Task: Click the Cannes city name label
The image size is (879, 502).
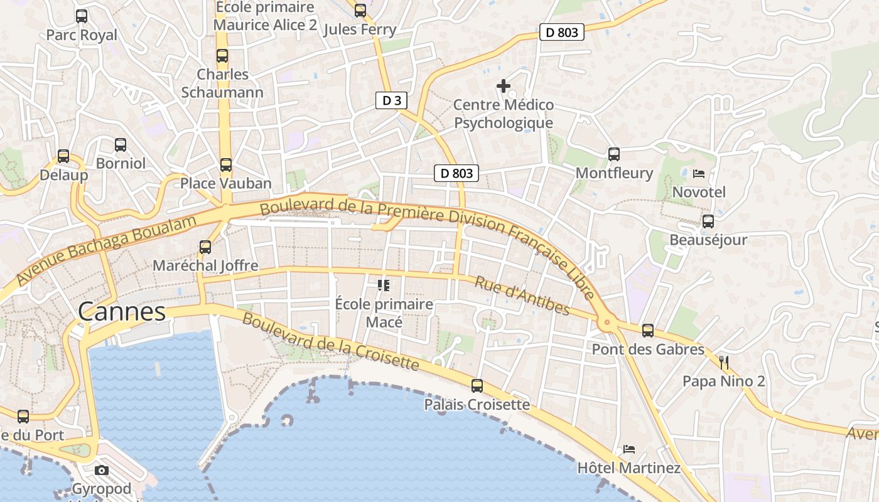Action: pyautogui.click(x=122, y=312)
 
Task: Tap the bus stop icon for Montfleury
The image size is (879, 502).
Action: pyautogui.click(x=614, y=154)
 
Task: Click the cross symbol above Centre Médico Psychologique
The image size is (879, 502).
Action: pyautogui.click(x=504, y=86)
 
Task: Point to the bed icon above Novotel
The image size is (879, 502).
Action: pyautogui.click(x=699, y=174)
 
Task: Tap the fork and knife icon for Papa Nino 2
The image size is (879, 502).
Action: pyautogui.click(x=724, y=362)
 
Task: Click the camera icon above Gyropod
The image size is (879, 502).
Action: pyautogui.click(x=102, y=470)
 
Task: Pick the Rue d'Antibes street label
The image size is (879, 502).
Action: pyautogui.click(x=522, y=296)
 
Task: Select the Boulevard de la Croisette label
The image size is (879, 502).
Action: pyautogui.click(x=330, y=342)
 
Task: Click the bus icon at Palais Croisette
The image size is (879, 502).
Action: pyautogui.click(x=477, y=386)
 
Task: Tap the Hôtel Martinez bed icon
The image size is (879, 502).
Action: pyautogui.click(x=629, y=449)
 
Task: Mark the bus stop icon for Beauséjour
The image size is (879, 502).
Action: pyautogui.click(x=708, y=222)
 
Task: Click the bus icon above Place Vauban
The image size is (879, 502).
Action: pyautogui.click(x=226, y=165)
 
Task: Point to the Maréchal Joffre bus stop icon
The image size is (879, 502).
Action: pyautogui.click(x=205, y=247)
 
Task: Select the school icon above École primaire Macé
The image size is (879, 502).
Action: pyautogui.click(x=384, y=286)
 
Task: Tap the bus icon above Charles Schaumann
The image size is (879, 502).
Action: pyautogui.click(x=222, y=56)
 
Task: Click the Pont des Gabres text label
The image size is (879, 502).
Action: pyautogui.click(x=648, y=349)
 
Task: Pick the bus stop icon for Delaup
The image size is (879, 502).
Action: pyautogui.click(x=63, y=156)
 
